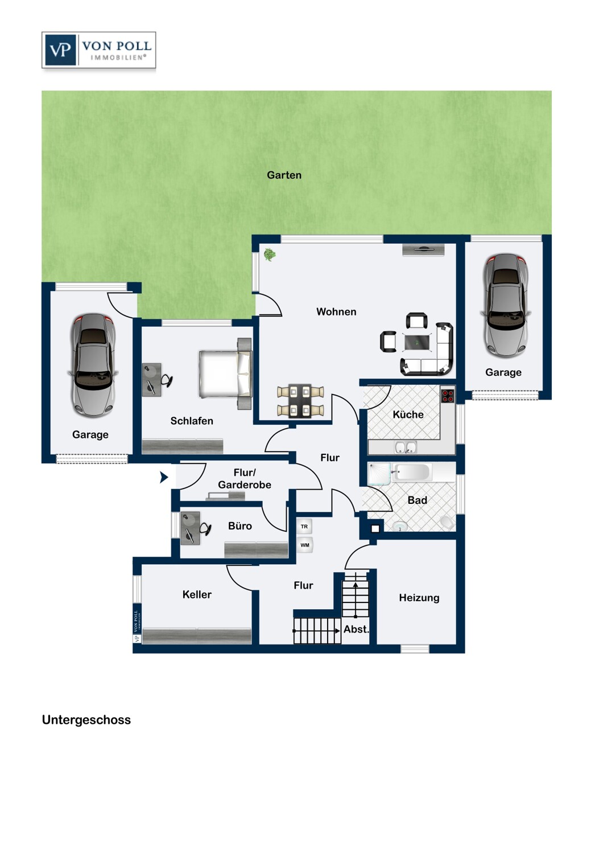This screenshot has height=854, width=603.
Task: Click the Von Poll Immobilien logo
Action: point(98,50)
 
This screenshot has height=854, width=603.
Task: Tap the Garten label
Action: point(284,175)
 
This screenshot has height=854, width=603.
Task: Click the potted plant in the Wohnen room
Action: point(270,254)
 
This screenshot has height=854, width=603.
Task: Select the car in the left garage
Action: point(93,365)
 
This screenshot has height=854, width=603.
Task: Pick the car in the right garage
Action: point(506,306)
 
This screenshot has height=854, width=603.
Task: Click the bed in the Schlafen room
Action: point(225,374)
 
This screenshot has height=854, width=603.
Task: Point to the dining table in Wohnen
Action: point(300,401)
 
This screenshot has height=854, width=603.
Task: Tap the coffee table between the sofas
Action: point(417,342)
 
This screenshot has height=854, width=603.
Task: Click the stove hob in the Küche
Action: point(448,396)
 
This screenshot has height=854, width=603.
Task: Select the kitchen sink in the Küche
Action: point(406,447)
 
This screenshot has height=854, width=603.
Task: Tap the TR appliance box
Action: point(304,527)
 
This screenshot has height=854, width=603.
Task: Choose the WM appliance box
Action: point(305,545)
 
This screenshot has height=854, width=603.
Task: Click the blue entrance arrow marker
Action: point(164,477)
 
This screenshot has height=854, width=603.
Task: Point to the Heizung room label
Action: point(419,598)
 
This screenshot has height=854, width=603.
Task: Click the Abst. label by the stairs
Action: point(356,629)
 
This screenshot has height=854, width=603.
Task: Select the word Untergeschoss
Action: point(86,720)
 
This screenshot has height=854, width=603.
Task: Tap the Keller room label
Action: point(197,594)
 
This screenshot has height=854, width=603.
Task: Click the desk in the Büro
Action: point(190,528)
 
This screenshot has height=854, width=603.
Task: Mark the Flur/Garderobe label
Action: point(245,478)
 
